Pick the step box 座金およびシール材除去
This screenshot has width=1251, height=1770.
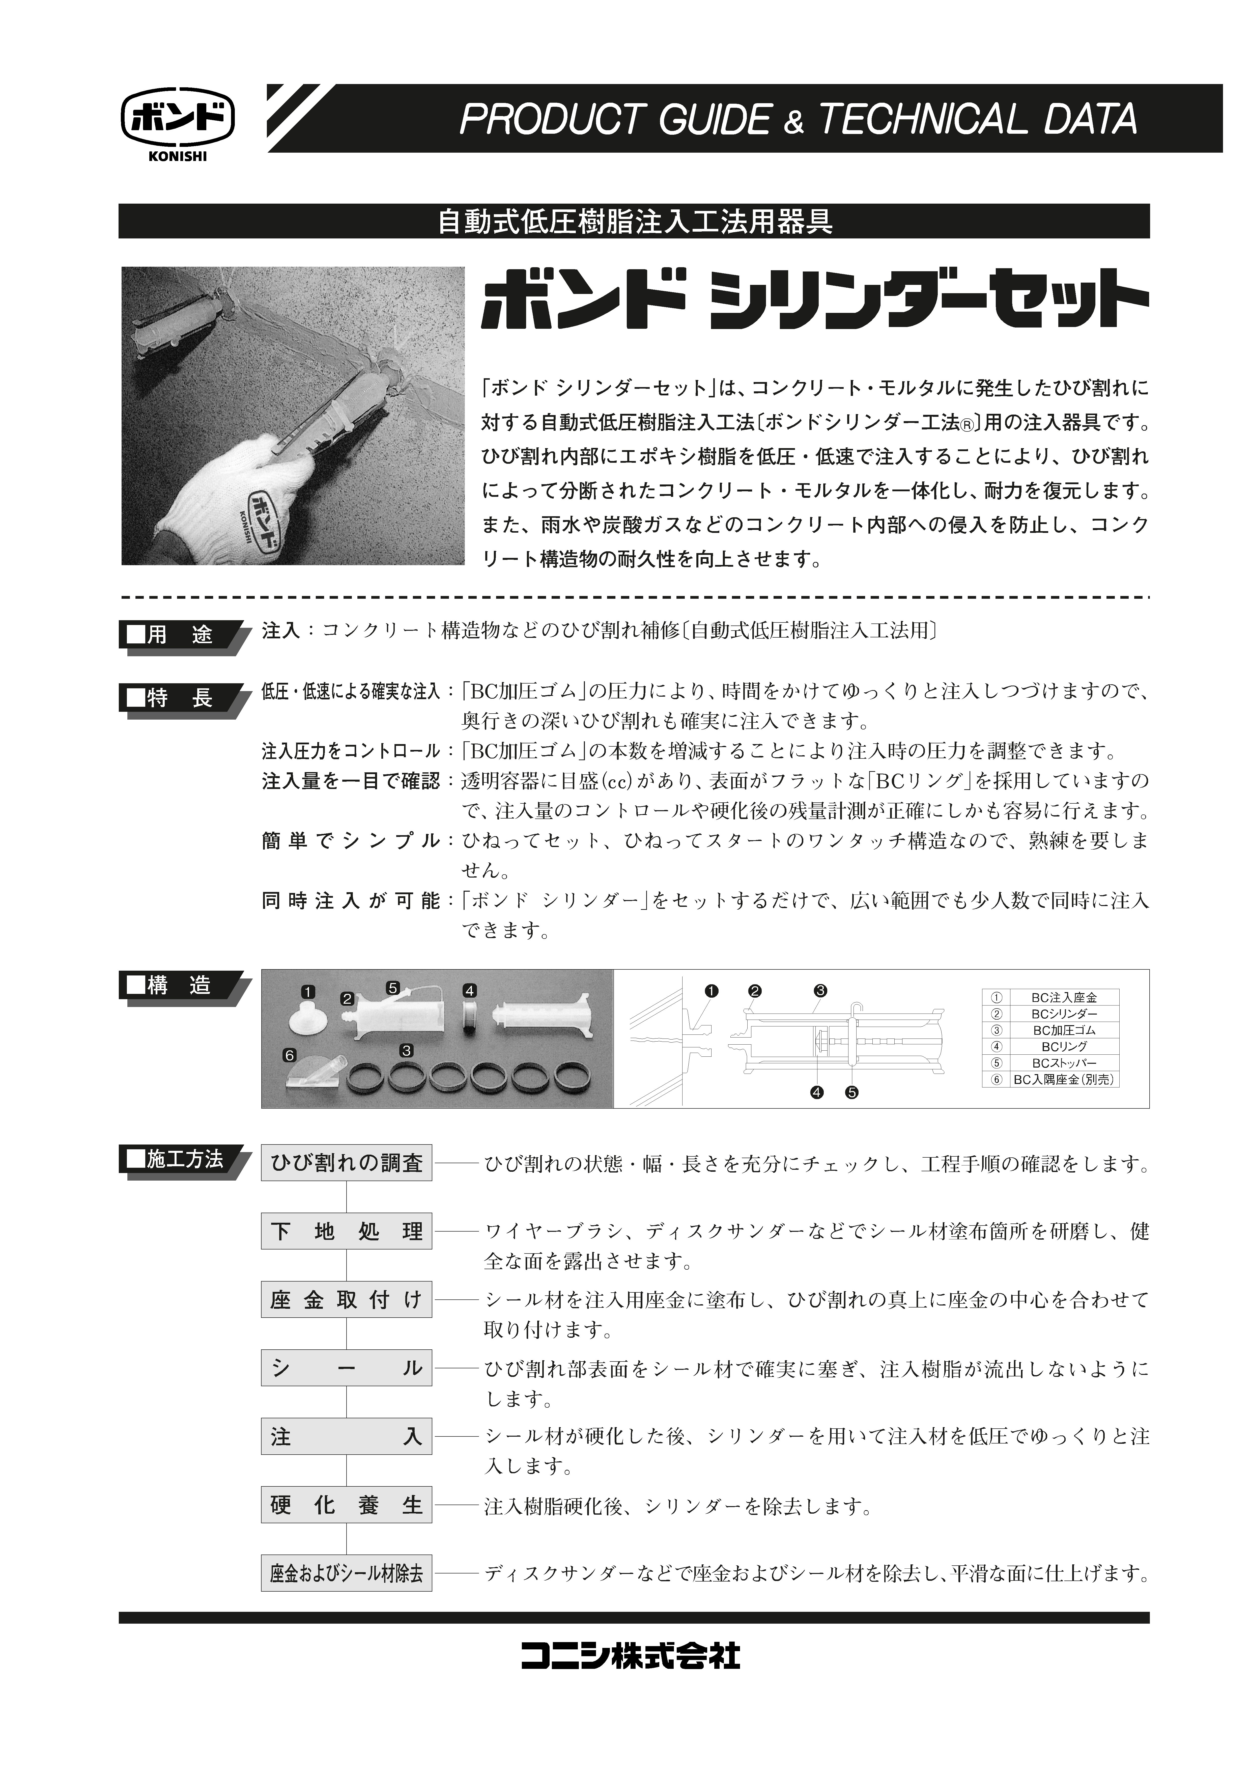(x=346, y=1573)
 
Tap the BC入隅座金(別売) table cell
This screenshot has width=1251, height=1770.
(x=1063, y=1079)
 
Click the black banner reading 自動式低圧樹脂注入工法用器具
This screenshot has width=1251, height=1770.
(x=634, y=222)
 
